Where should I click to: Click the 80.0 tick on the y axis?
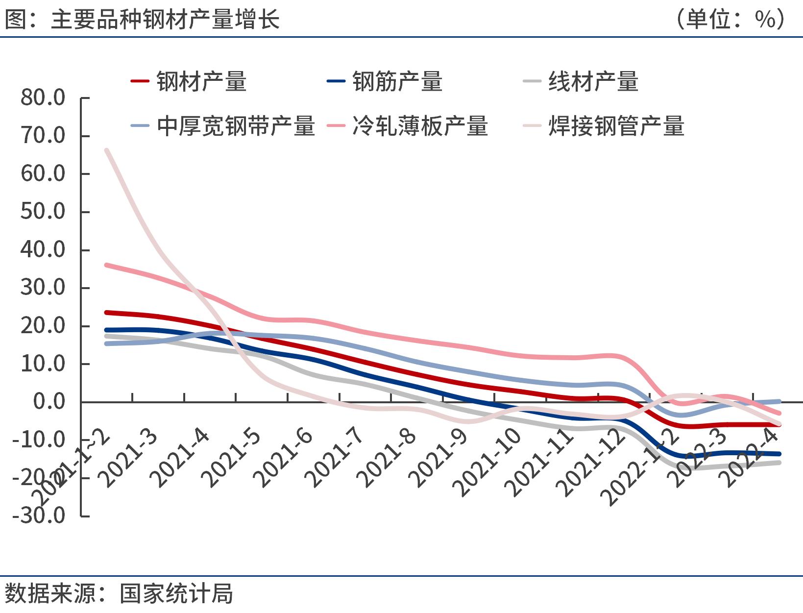click(x=43, y=98)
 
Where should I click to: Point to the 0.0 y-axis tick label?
click(x=49, y=402)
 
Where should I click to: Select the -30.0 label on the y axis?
click(x=39, y=515)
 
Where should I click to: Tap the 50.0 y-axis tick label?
click(x=43, y=212)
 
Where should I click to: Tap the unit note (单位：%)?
click(x=730, y=20)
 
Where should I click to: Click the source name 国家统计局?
click(x=176, y=593)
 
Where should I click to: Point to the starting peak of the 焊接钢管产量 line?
click(x=107, y=150)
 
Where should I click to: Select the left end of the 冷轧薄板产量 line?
click(x=107, y=265)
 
